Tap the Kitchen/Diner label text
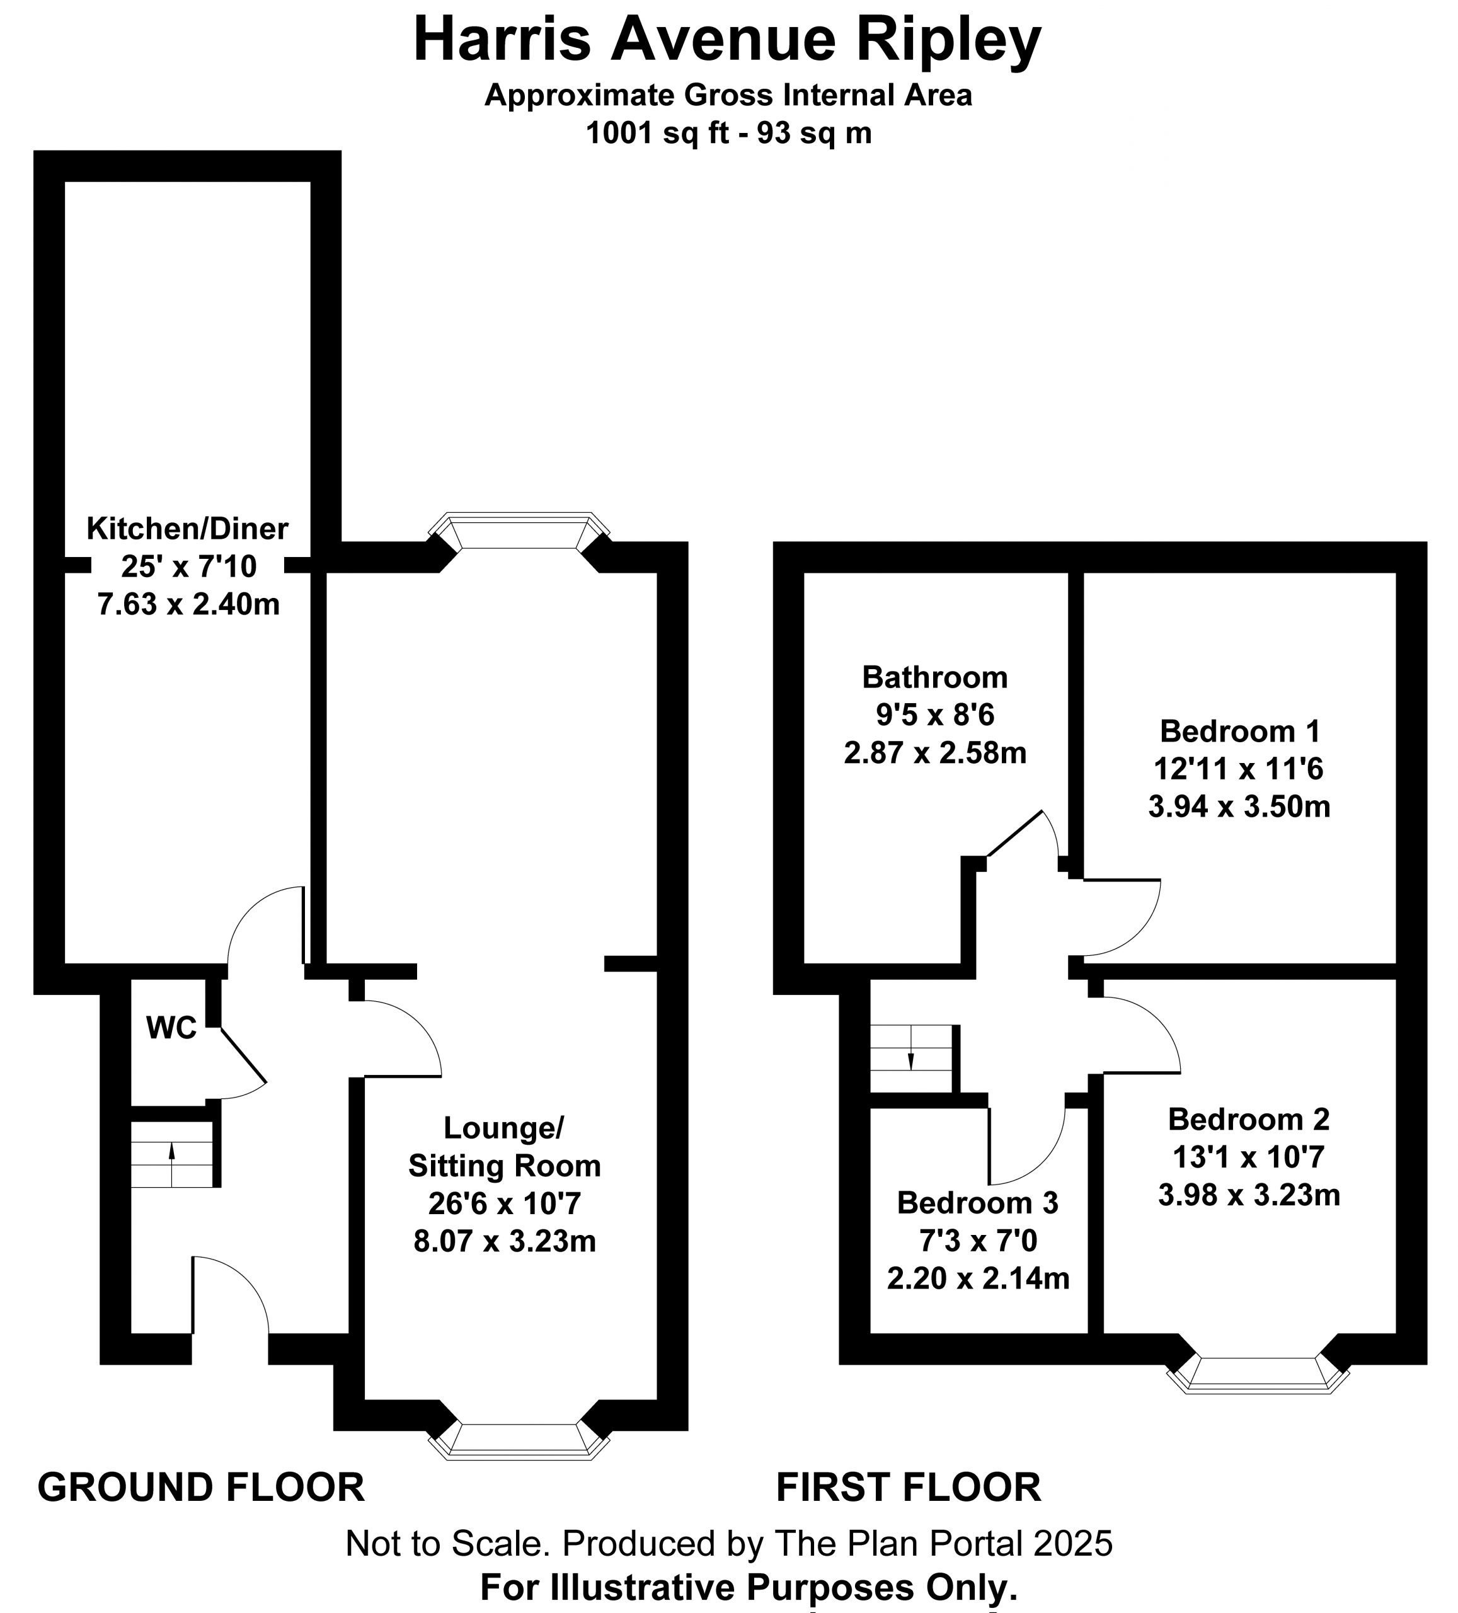click(187, 528)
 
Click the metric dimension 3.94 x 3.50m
click(1239, 806)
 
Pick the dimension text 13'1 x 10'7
click(1248, 1156)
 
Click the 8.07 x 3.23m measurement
click(504, 1241)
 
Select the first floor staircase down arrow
click(910, 1048)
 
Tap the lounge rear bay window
click(519, 531)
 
